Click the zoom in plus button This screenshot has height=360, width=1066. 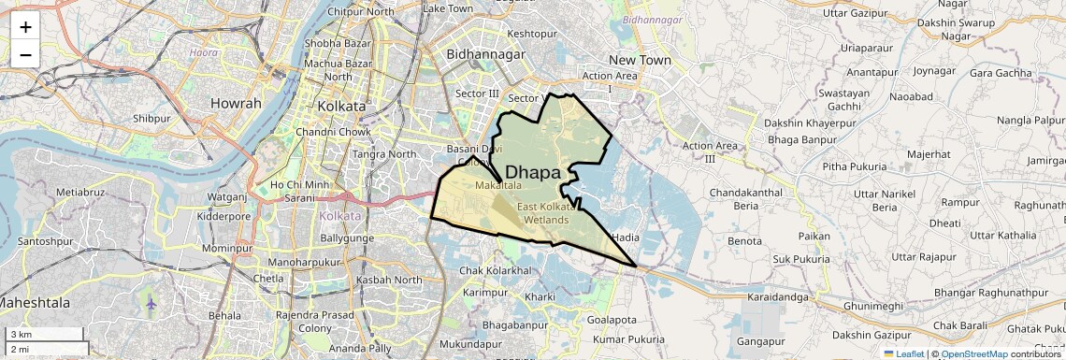click(x=25, y=27)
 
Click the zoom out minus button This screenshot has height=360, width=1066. click(x=25, y=54)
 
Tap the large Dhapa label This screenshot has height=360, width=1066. click(x=533, y=172)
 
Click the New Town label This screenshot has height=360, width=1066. click(x=641, y=60)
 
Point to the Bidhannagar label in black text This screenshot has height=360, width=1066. click(x=485, y=55)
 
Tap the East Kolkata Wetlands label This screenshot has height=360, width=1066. click(x=545, y=212)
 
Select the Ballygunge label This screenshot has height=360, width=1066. click(x=348, y=238)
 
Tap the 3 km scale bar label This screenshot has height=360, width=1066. click(x=22, y=335)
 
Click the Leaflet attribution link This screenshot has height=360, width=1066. click(x=903, y=353)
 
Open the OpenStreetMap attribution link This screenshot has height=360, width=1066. click(x=974, y=353)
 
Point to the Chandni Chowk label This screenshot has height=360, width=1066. click(x=336, y=132)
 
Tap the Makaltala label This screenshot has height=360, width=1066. click(x=498, y=187)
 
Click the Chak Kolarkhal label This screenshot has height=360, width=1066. click(x=496, y=270)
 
